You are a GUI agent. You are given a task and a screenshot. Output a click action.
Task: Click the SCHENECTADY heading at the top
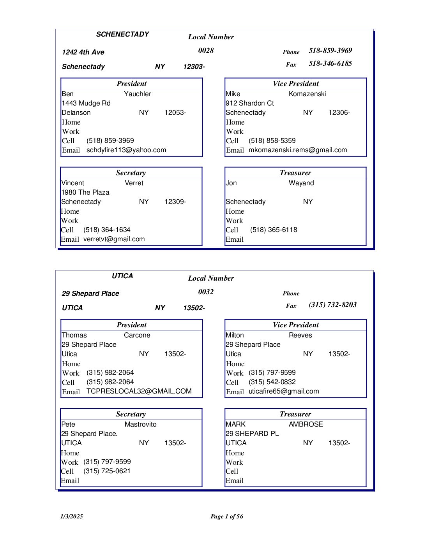(122, 34)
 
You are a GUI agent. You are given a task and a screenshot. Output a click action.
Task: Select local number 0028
(206, 51)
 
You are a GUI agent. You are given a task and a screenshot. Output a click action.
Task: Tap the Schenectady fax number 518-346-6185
(330, 63)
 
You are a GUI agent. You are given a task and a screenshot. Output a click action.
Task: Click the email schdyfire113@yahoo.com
(126, 150)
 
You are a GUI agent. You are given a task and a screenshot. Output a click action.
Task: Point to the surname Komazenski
(307, 94)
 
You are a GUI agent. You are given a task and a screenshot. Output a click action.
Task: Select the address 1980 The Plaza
(85, 192)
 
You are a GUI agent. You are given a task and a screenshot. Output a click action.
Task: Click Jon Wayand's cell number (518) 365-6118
(274, 230)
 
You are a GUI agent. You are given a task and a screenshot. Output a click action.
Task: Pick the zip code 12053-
(175, 112)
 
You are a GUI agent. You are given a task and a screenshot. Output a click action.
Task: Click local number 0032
(206, 292)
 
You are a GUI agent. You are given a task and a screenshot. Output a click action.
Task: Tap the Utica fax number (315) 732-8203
(332, 305)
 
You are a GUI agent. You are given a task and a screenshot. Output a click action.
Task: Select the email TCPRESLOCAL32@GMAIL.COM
(139, 391)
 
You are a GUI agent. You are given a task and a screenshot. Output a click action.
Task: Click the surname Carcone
(137, 335)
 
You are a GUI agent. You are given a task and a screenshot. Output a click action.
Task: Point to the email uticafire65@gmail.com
(284, 392)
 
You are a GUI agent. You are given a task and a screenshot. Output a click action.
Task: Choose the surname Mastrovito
(140, 424)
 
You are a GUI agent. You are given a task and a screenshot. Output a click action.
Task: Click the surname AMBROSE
(306, 424)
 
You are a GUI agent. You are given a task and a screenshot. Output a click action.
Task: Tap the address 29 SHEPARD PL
(252, 434)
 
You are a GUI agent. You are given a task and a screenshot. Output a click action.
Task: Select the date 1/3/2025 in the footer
(72, 516)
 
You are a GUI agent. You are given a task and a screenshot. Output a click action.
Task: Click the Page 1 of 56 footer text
(226, 516)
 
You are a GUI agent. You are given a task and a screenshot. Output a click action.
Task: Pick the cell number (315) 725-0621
(107, 471)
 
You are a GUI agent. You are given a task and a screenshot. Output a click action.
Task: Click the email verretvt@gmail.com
(114, 239)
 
